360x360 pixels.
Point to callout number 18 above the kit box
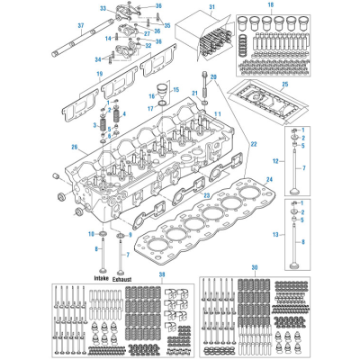[269, 5]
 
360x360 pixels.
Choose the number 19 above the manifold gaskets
[100, 71]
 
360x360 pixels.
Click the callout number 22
[253, 144]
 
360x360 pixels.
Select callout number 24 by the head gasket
[269, 178]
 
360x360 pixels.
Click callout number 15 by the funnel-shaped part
[176, 91]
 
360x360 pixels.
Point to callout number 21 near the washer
[194, 93]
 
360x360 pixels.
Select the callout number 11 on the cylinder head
[218, 113]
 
